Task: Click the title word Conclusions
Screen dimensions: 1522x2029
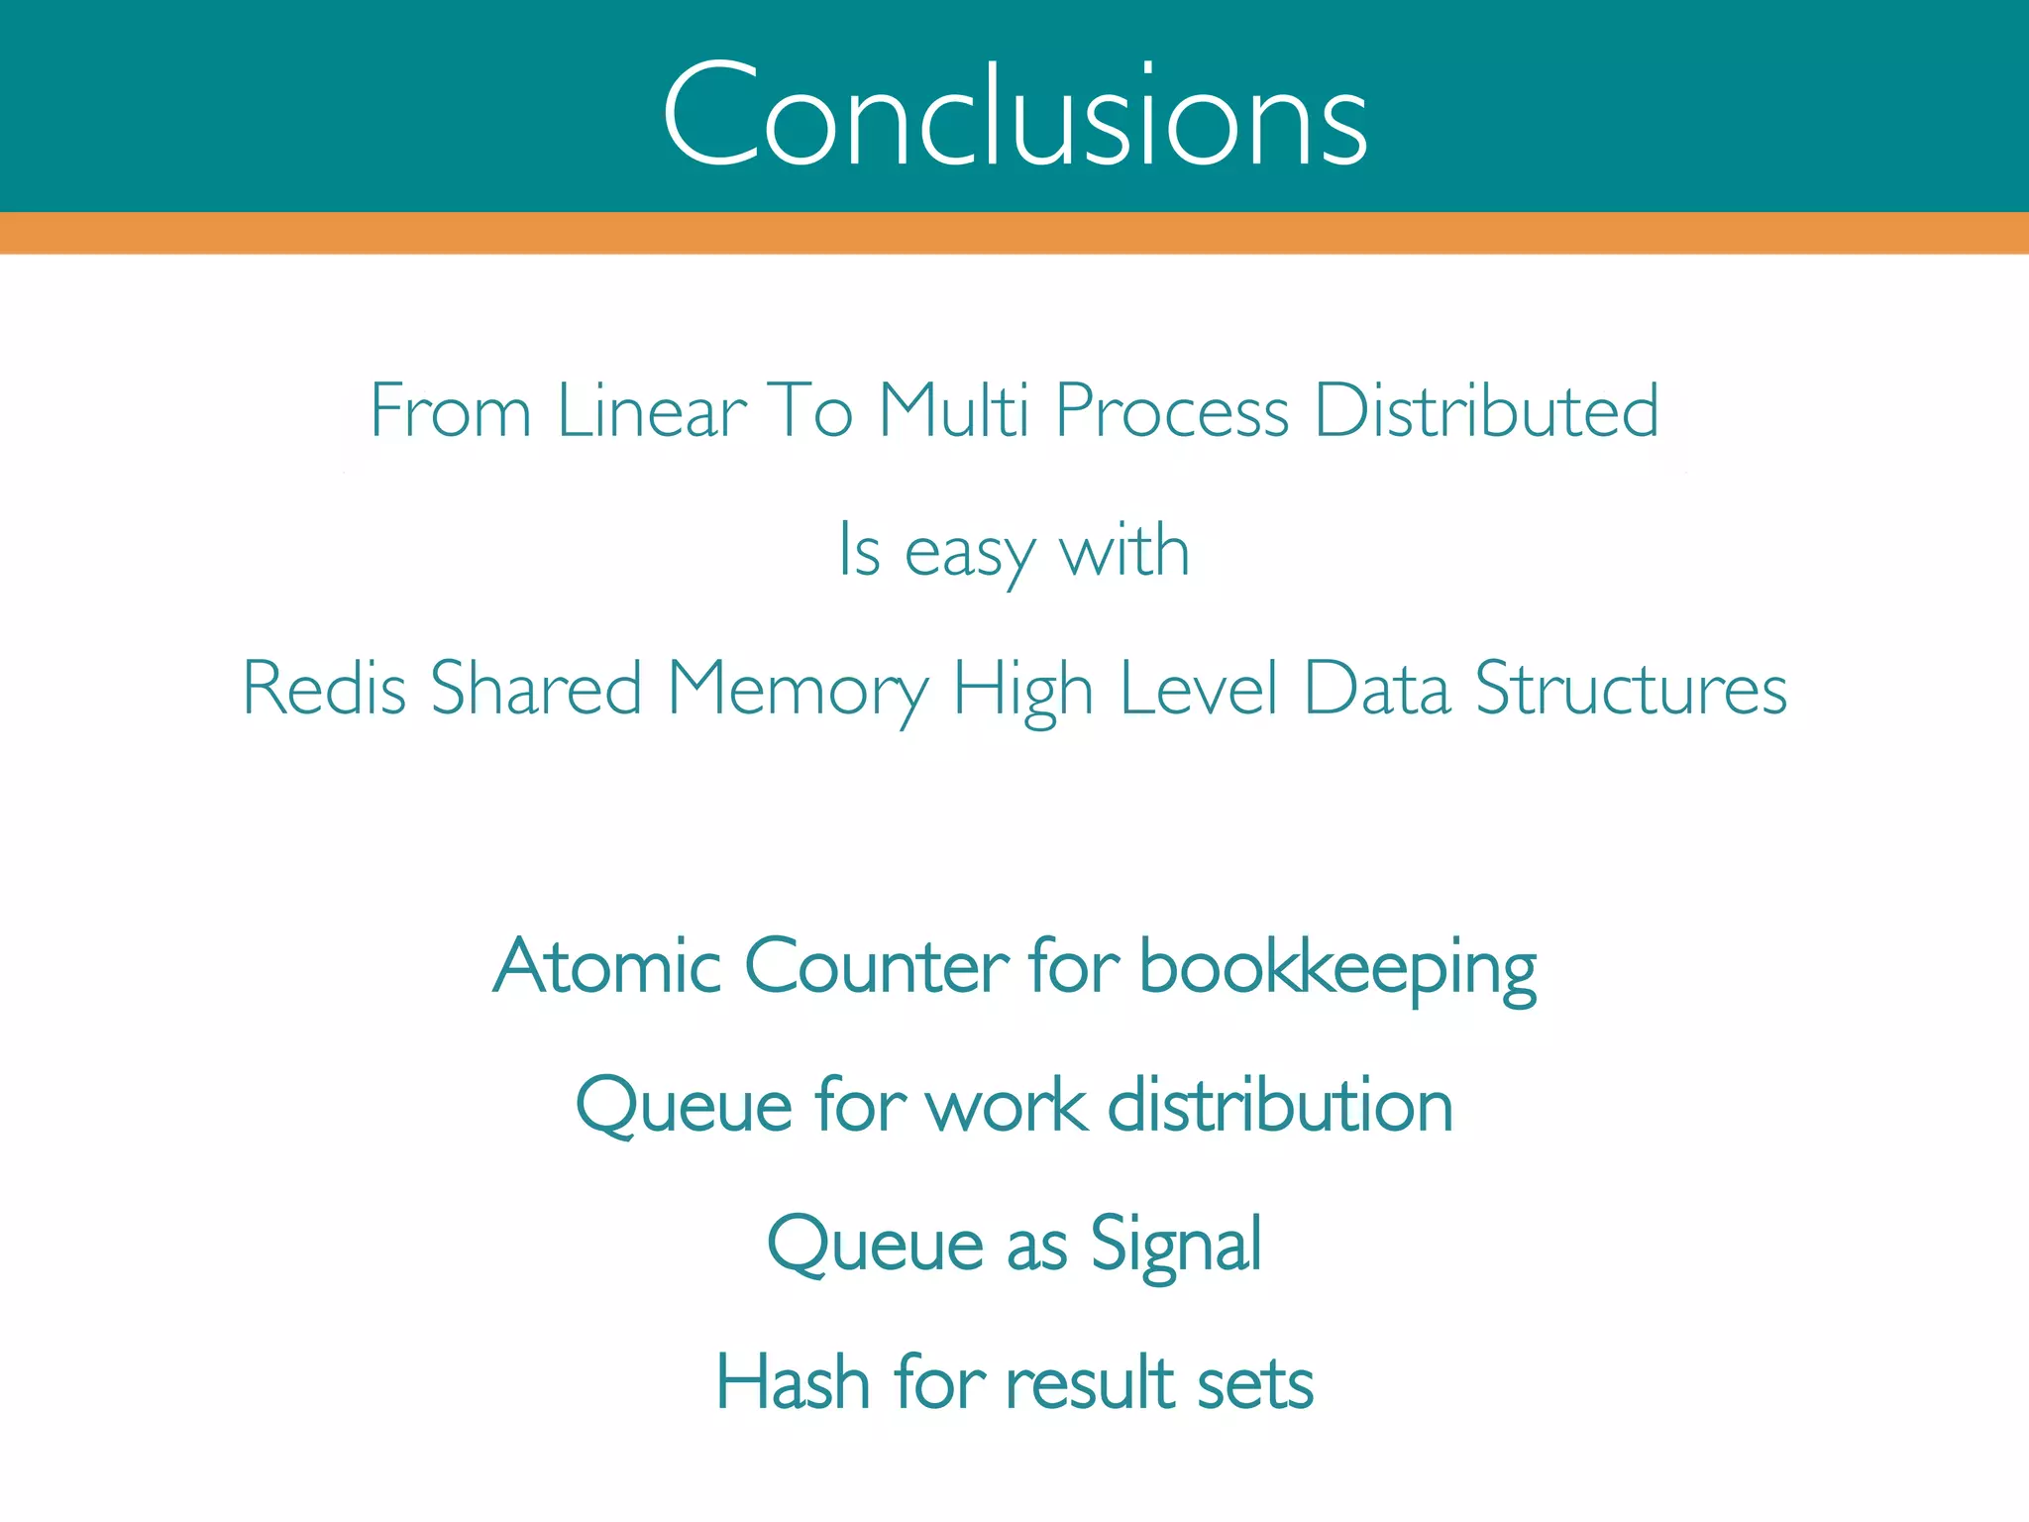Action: click(x=1014, y=117)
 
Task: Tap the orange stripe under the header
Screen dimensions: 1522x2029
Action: click(x=1014, y=233)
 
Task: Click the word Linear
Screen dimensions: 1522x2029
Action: click(x=652, y=410)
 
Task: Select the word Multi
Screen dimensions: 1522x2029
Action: click(x=954, y=410)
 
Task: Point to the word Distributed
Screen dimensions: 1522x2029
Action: click(x=1486, y=410)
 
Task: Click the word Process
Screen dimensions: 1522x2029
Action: click(x=1172, y=410)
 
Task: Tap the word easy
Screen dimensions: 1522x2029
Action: click(x=969, y=553)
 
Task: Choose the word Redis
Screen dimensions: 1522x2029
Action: click(x=325, y=688)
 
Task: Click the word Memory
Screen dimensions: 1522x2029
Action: click(x=799, y=690)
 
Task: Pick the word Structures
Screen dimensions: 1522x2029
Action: click(x=1631, y=688)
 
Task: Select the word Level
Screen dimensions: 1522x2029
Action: click(x=1199, y=688)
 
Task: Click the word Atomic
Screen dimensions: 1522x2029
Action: click(x=607, y=965)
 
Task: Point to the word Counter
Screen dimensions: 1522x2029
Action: click(x=876, y=965)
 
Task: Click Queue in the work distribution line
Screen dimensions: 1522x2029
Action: click(x=684, y=1106)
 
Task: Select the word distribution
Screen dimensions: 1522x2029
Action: click(x=1280, y=1106)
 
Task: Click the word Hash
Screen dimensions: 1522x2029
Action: click(x=793, y=1382)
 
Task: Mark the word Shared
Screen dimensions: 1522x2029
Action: click(x=536, y=688)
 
